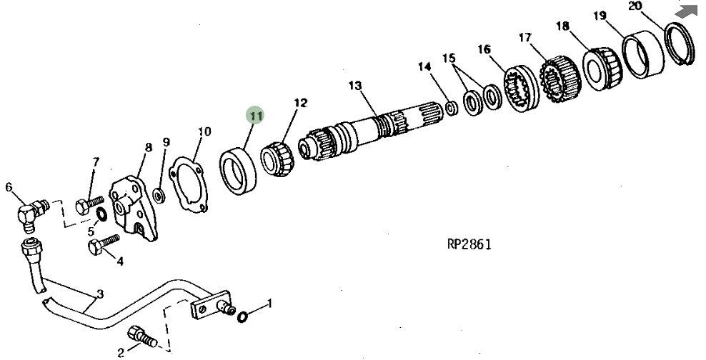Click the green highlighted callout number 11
[x=256, y=116]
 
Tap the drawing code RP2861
[x=469, y=244]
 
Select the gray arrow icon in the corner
[x=687, y=11]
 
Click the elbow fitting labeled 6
[x=31, y=214]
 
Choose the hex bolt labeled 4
[x=103, y=244]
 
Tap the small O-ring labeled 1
[x=242, y=317]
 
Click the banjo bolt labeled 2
[x=142, y=337]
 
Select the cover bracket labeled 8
[x=133, y=208]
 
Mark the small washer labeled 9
[x=158, y=195]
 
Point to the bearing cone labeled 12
[x=277, y=159]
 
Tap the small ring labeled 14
[x=452, y=108]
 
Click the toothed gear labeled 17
[x=560, y=79]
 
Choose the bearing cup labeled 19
[x=643, y=54]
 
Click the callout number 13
[x=354, y=86]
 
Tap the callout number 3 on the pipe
[x=100, y=294]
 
